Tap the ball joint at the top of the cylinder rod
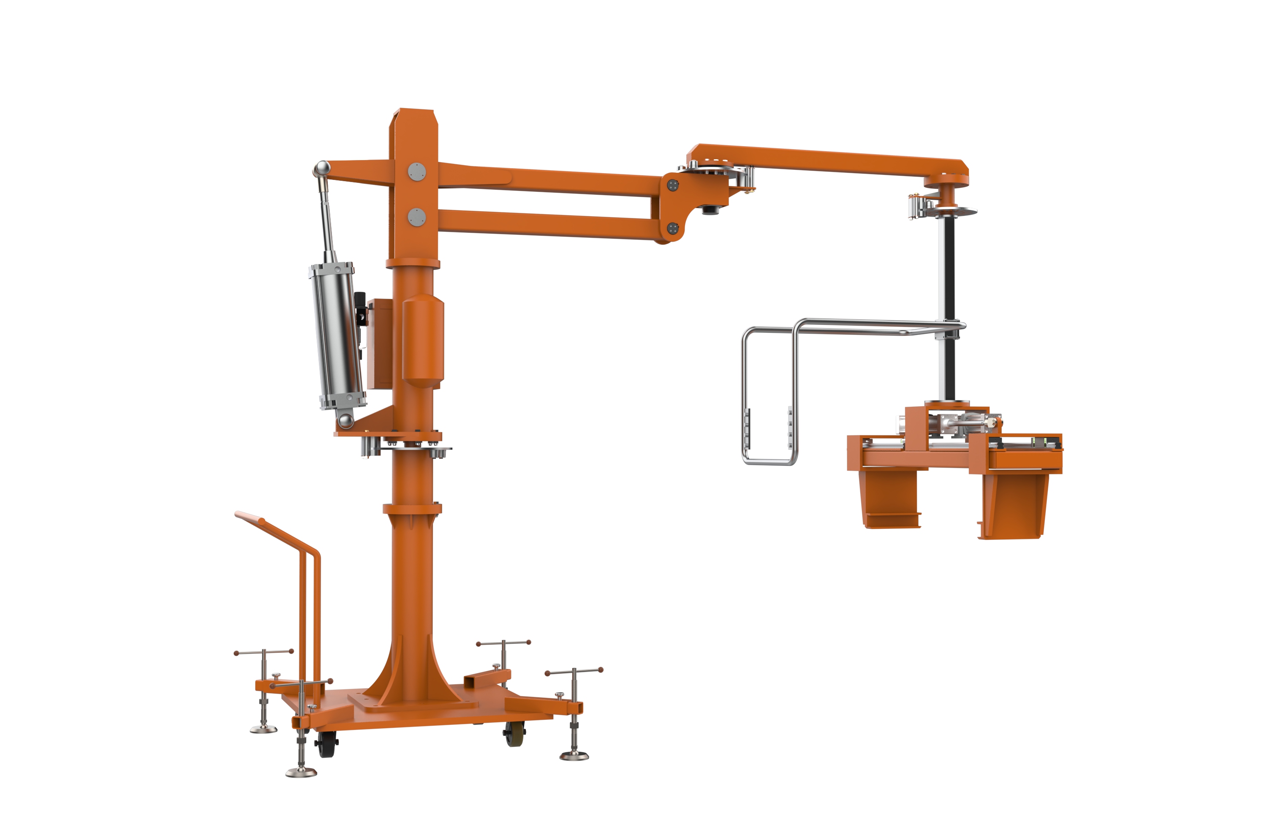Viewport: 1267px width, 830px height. point(321,169)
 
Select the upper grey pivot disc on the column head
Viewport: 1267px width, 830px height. point(417,172)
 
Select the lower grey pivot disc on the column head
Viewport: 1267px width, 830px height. point(417,217)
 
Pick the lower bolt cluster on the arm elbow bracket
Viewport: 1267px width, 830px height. point(673,228)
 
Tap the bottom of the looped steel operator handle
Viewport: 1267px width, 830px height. point(769,462)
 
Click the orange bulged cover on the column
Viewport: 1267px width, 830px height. point(423,341)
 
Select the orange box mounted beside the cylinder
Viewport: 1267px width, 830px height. point(380,343)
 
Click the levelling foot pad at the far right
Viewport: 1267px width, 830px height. point(574,755)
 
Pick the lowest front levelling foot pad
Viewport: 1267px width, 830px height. point(301,772)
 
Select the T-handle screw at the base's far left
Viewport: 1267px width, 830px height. point(264,652)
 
